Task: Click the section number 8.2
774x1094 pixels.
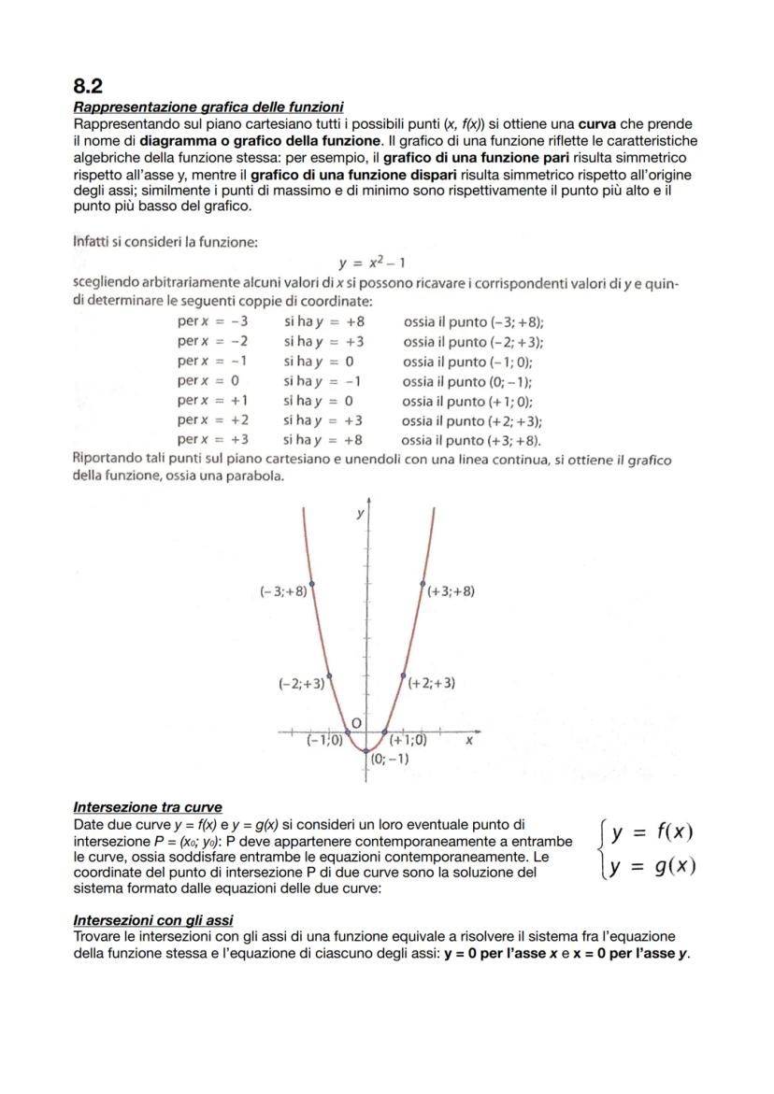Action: click(91, 86)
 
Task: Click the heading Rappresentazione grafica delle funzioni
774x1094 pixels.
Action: click(208, 107)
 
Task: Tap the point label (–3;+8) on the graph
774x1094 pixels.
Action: click(283, 591)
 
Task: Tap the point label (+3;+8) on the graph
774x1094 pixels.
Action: click(450, 591)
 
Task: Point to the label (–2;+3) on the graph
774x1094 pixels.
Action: click(302, 683)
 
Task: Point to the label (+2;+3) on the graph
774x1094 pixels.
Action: click(431, 683)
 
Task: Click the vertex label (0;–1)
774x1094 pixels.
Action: click(389, 759)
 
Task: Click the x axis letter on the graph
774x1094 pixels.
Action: click(469, 739)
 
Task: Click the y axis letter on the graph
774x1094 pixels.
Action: click(358, 515)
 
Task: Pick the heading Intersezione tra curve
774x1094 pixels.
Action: click(148, 806)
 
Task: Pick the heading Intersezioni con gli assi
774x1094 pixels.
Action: click(153, 920)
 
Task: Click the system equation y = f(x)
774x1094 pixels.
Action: click(652, 833)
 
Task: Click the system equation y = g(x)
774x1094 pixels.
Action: click(652, 866)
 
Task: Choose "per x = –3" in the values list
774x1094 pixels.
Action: click(212, 320)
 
